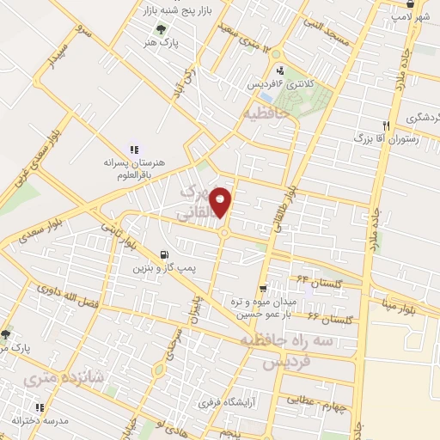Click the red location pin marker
[x=222, y=202]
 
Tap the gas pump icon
[x=163, y=254]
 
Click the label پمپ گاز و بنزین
[x=163, y=269]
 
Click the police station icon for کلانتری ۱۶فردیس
[x=280, y=70]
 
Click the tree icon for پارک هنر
[x=150, y=27]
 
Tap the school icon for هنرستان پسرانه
[x=133, y=149]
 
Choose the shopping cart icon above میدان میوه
[x=263, y=288]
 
